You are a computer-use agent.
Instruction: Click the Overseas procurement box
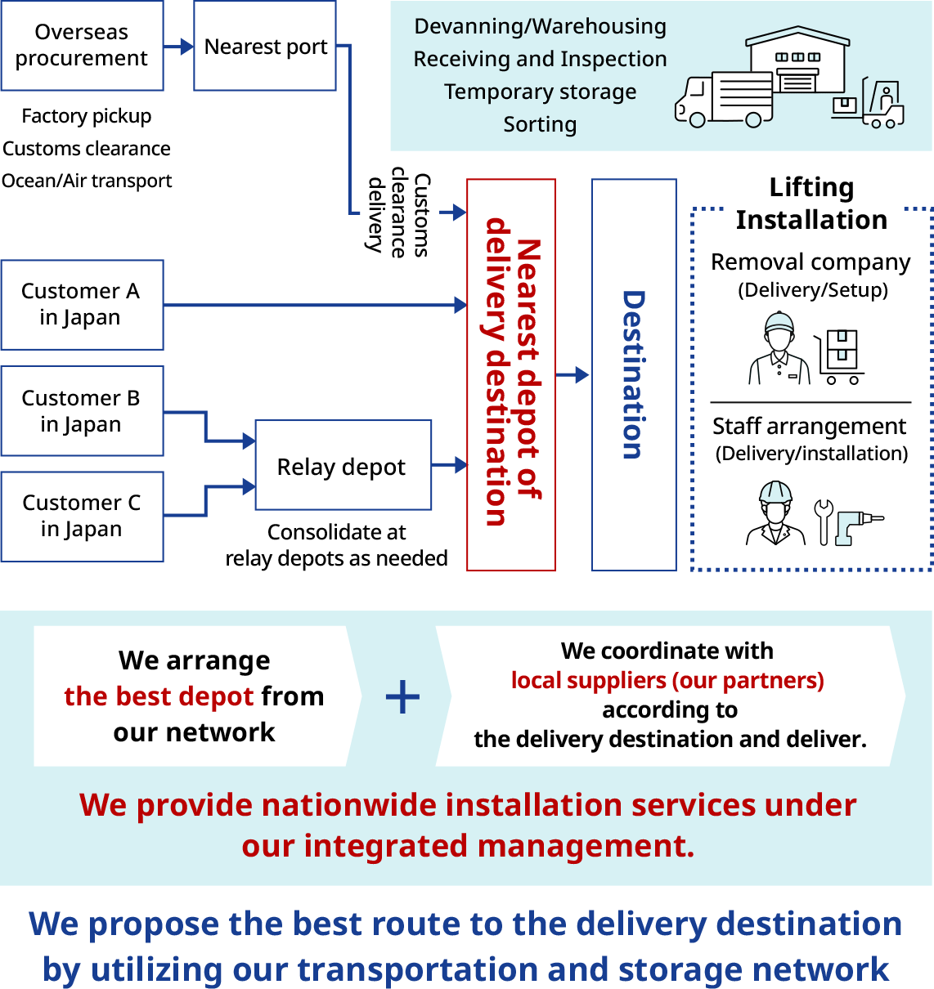pos(82,46)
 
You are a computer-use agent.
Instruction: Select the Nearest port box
pos(265,47)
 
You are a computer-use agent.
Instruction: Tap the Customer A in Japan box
pos(82,305)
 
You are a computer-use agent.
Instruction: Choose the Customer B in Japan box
pos(82,411)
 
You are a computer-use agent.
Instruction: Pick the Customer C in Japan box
pos(82,517)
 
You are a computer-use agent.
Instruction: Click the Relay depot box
pos(343,466)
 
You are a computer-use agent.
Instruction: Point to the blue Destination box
pos(634,375)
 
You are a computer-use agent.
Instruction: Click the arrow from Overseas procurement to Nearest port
pos(178,47)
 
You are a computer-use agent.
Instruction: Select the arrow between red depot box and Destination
pos(573,375)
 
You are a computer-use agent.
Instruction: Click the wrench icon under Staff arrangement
pos(823,521)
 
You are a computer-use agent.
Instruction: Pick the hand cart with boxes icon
pos(840,356)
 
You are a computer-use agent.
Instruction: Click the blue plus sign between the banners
pos(402,697)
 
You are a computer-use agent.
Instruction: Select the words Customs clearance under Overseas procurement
pos(87,149)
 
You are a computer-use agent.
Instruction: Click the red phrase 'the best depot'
pos(159,696)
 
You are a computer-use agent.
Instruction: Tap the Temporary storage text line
pos(540,92)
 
